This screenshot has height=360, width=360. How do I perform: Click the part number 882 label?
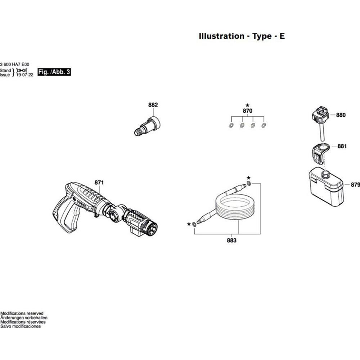click(x=153, y=105)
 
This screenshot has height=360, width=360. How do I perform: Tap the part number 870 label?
click(x=247, y=111)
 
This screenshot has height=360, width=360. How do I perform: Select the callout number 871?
click(x=99, y=183)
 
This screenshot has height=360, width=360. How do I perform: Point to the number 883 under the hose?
click(x=232, y=240)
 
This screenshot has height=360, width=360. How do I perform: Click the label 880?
click(x=341, y=115)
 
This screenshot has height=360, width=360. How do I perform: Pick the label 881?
click(x=342, y=147)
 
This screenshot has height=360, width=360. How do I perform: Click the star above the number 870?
click(x=247, y=105)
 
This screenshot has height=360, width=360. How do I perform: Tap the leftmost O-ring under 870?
click(x=231, y=126)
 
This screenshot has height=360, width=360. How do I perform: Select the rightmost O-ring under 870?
click(x=264, y=126)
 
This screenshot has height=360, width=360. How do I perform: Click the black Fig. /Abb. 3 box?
click(x=54, y=72)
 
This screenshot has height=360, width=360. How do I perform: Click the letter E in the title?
click(x=282, y=36)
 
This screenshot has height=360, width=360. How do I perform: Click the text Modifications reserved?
click(x=22, y=314)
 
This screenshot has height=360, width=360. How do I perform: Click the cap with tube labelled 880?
click(x=320, y=119)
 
